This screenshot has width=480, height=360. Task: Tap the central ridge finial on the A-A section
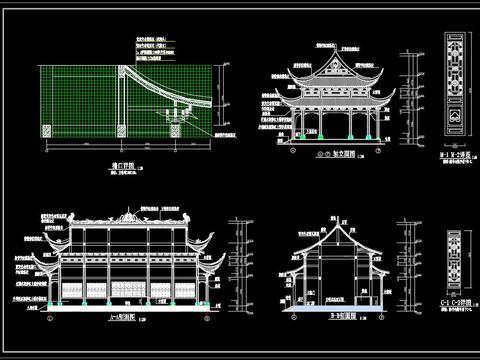tap(128, 212)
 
